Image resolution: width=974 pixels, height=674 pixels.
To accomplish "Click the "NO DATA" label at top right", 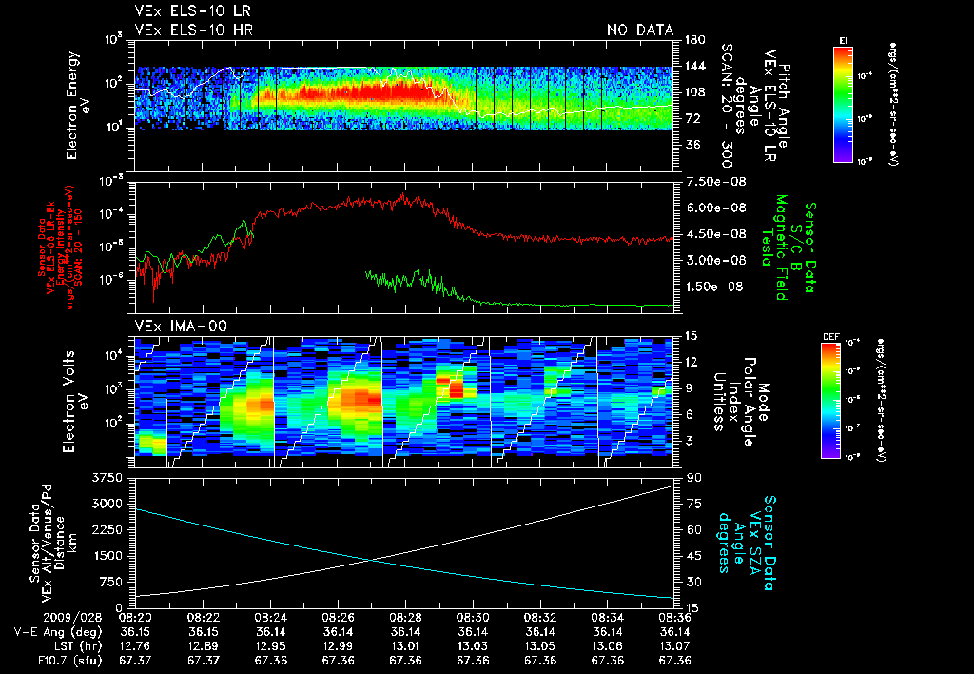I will click(x=640, y=30).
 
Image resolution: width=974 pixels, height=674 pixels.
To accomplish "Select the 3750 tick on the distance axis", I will click(x=111, y=476).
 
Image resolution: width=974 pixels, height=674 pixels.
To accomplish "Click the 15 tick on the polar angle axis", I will click(x=691, y=335).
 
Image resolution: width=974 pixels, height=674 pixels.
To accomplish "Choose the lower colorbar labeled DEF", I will click(x=843, y=400).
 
